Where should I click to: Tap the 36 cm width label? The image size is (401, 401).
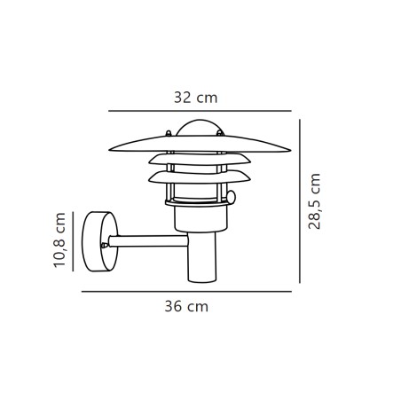pos(186,308)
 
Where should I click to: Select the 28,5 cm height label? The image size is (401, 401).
pos(315,201)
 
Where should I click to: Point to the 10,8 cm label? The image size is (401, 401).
pos(60,240)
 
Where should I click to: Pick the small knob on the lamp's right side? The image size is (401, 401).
pos(234,196)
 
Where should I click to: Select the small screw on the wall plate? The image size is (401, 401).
pos(105,241)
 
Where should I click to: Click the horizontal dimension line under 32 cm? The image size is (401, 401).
pos(200,111)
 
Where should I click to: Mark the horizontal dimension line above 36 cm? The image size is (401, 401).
pos(186,291)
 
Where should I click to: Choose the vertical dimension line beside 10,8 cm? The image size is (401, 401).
pos(74,240)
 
